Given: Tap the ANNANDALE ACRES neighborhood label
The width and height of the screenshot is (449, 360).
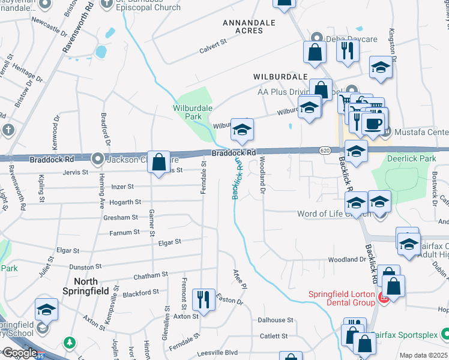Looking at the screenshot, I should point(249,26).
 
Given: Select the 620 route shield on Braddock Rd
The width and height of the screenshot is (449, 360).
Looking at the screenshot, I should point(325,150).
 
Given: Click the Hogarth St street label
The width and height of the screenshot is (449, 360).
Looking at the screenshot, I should point(125,202).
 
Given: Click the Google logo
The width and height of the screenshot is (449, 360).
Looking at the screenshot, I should point(19,353).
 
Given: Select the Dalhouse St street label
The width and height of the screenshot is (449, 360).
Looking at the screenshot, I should point(275,320).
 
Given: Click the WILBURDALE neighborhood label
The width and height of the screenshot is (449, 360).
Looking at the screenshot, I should point(280,77).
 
